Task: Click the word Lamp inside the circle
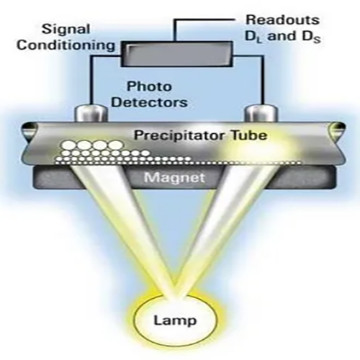tap(175, 320)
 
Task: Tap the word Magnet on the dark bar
tap(174, 178)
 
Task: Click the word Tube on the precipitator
tap(249, 135)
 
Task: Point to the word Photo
tap(149, 86)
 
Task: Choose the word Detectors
tap(149, 102)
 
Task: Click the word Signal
tap(66, 30)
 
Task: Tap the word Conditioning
tap(66, 45)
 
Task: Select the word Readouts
tap(283, 20)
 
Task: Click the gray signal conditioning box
tap(176, 54)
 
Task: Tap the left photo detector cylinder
tap(91, 114)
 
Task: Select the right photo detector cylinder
tap(261, 114)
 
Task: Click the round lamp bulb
tap(175, 320)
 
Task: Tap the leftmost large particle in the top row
tap(69, 145)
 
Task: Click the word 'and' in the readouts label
tap(282, 36)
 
